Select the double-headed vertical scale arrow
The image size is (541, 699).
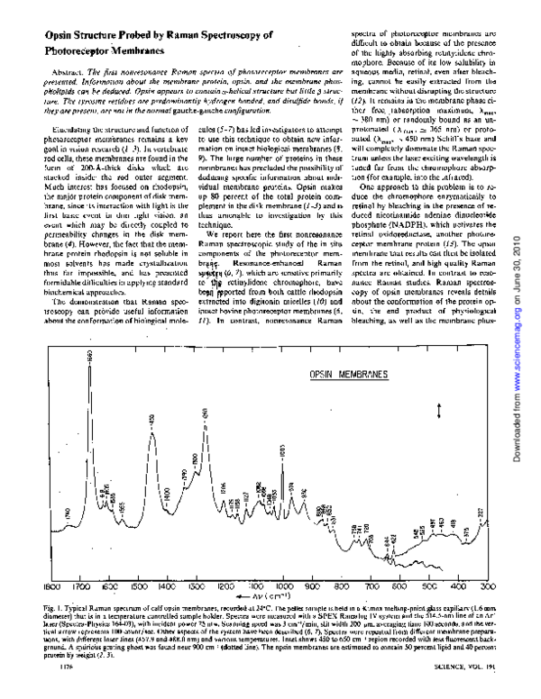(x=439, y=411)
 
